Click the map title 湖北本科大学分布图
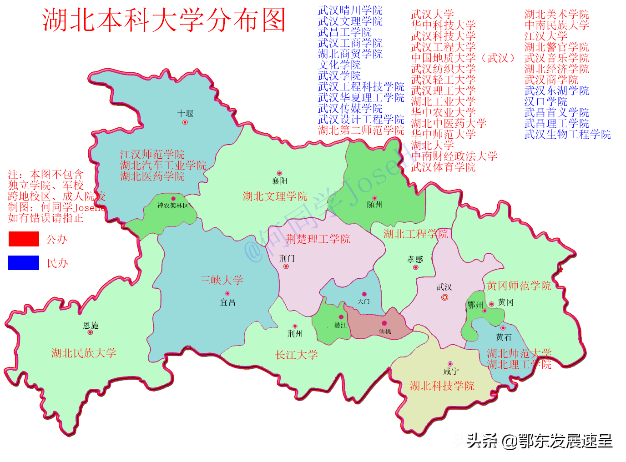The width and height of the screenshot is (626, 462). (x=164, y=20)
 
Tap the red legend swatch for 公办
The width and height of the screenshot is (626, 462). (x=24, y=239)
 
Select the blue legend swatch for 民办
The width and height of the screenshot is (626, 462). (x=24, y=263)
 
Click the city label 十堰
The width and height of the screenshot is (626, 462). (x=185, y=113)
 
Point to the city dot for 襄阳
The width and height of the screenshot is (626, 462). (x=279, y=173)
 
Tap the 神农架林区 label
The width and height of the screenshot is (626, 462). (x=173, y=206)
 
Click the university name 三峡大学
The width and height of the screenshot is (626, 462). (x=222, y=280)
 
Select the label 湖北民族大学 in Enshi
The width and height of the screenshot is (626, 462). (x=84, y=353)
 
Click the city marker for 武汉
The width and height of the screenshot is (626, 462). (x=444, y=297)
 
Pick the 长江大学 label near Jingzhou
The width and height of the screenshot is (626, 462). (x=297, y=355)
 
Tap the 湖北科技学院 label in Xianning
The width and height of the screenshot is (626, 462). (x=442, y=386)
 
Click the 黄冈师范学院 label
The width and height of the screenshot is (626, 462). (x=519, y=286)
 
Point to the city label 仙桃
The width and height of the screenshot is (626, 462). (x=385, y=331)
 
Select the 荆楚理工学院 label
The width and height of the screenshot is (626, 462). (x=318, y=239)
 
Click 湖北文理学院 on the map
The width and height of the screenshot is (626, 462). (x=275, y=196)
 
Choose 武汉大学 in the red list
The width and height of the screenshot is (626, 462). (x=432, y=15)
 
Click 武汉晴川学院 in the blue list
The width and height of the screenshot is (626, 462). (x=350, y=10)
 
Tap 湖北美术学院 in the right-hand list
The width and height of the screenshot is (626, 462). (x=556, y=15)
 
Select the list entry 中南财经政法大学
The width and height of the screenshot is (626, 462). (x=454, y=156)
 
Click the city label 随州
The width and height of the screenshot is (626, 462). (x=375, y=205)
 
